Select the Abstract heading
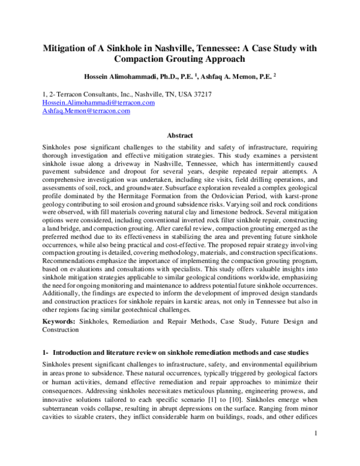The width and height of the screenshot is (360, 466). [x=179, y=136]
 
